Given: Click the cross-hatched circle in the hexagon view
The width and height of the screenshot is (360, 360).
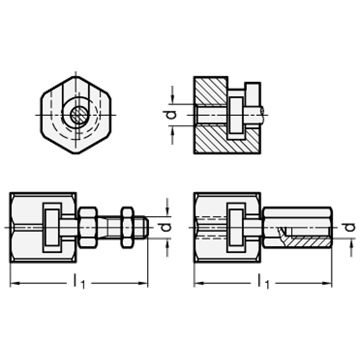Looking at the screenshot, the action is tap(79, 115).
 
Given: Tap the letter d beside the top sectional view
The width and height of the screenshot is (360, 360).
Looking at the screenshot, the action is tap(170, 115).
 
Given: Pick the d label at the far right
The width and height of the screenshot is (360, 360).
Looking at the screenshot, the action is tap(350, 227).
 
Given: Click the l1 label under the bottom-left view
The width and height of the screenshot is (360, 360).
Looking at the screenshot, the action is tap(79, 282).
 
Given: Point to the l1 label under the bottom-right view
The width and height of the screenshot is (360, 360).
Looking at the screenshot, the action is tap(263, 282).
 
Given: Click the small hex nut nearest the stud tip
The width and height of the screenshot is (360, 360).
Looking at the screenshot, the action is tap(127, 227).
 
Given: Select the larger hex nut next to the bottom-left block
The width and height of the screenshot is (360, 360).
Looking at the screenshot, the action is tap(88, 227).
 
